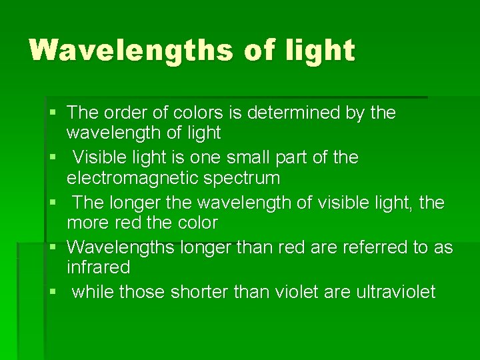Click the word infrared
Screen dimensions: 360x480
tap(98, 267)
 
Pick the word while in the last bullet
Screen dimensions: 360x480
tap(93, 292)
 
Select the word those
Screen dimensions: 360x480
tap(143, 292)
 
